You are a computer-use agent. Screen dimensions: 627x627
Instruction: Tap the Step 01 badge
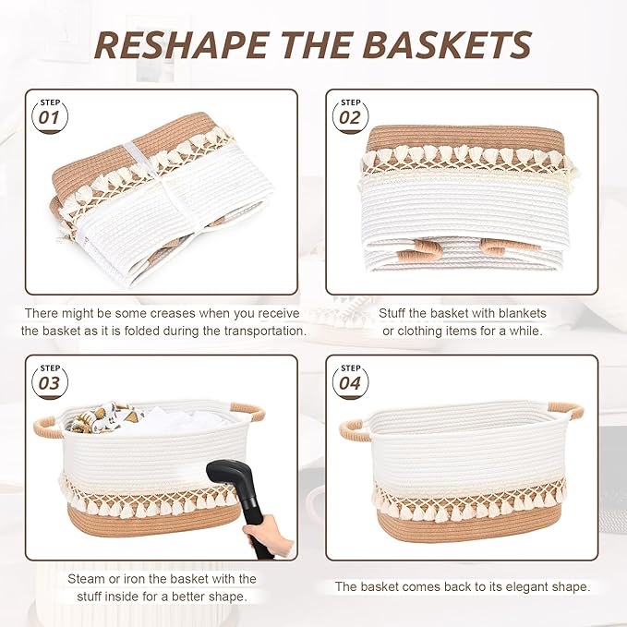[51, 114]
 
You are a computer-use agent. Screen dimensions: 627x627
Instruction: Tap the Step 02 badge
[350, 114]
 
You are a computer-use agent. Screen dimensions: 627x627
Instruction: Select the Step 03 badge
[51, 380]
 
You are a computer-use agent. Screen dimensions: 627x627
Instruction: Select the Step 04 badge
[350, 380]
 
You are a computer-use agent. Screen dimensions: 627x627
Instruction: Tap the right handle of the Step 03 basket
[247, 409]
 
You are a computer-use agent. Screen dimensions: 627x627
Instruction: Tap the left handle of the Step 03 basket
[49, 426]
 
